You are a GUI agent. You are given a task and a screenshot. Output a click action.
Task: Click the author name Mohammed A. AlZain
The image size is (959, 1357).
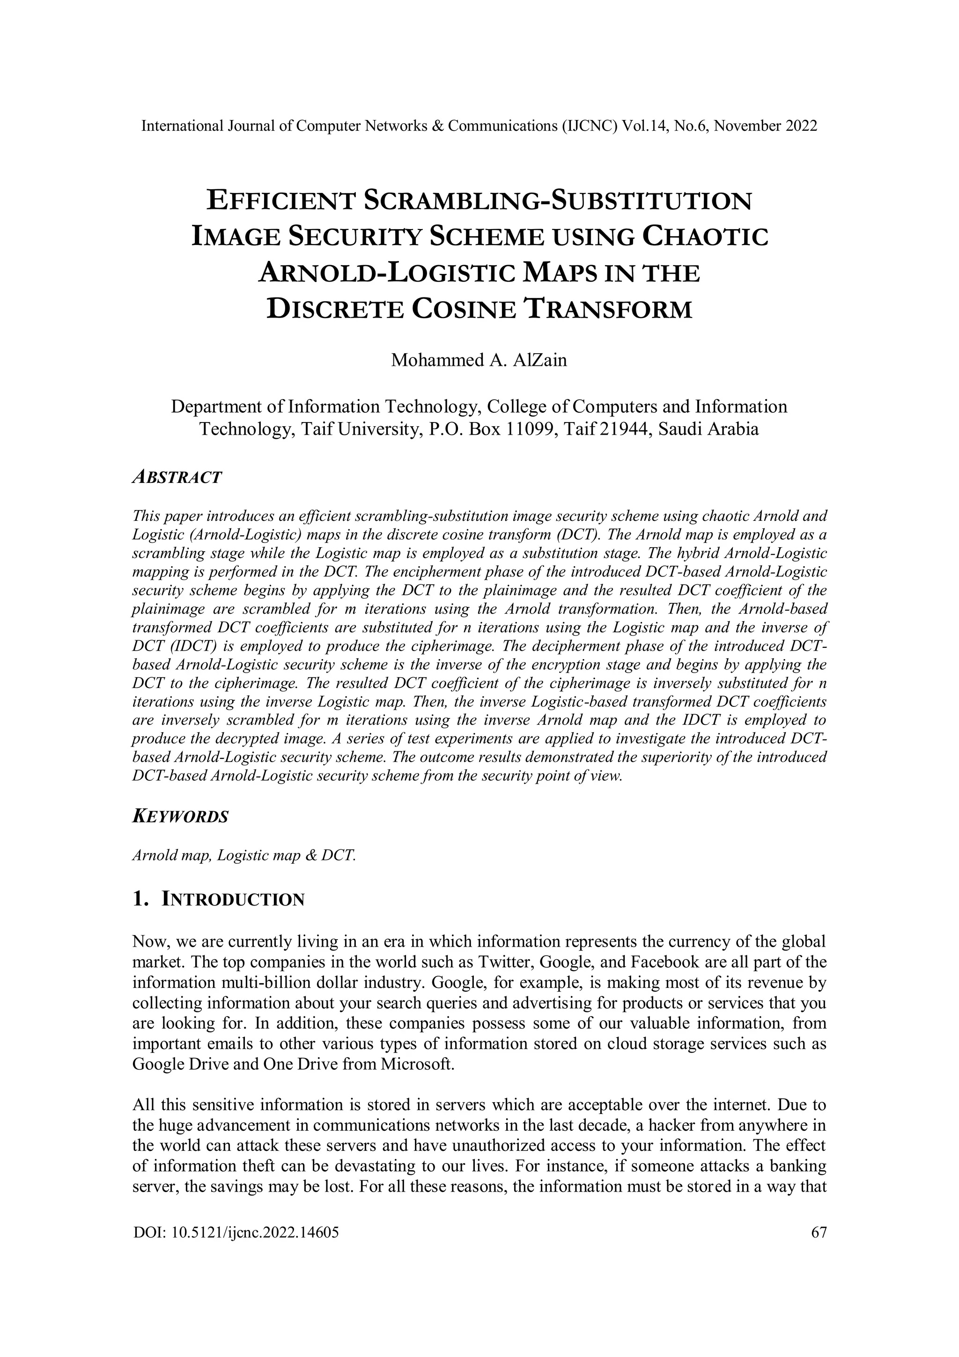[479, 360]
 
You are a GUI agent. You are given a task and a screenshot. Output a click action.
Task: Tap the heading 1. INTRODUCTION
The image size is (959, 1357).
[219, 899]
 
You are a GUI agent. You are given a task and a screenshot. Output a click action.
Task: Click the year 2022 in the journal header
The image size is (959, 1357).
[801, 126]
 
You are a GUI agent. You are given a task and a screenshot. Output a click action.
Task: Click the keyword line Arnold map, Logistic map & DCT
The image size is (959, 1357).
[244, 855]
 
